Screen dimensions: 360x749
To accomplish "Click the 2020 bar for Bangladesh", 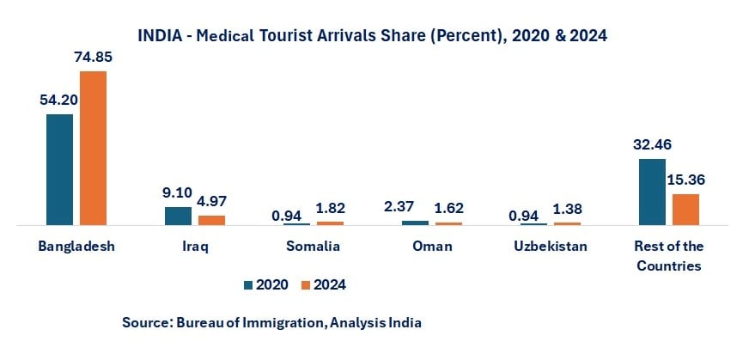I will (60, 169).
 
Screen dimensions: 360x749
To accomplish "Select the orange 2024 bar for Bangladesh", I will (93, 148).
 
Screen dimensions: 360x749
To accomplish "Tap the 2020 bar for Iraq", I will (178, 216).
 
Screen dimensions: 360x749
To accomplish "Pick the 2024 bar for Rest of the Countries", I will (685, 210).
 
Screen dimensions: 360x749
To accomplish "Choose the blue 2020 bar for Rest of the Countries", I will (652, 192).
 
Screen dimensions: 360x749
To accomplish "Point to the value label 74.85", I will (94, 58).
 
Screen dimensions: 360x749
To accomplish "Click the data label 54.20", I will (59, 100).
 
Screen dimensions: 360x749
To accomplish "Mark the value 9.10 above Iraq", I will (178, 192).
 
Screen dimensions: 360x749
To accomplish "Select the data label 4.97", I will (211, 202).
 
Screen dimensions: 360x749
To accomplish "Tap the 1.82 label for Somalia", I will (330, 208).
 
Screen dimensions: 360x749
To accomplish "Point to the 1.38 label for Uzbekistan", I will (568, 209).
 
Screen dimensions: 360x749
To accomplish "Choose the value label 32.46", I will (651, 144).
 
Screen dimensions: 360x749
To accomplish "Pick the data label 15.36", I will (685, 180).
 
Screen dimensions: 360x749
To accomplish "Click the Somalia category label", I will (313, 247).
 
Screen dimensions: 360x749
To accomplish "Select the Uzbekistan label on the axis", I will (550, 247).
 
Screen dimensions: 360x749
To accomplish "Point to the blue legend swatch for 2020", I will (249, 284).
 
